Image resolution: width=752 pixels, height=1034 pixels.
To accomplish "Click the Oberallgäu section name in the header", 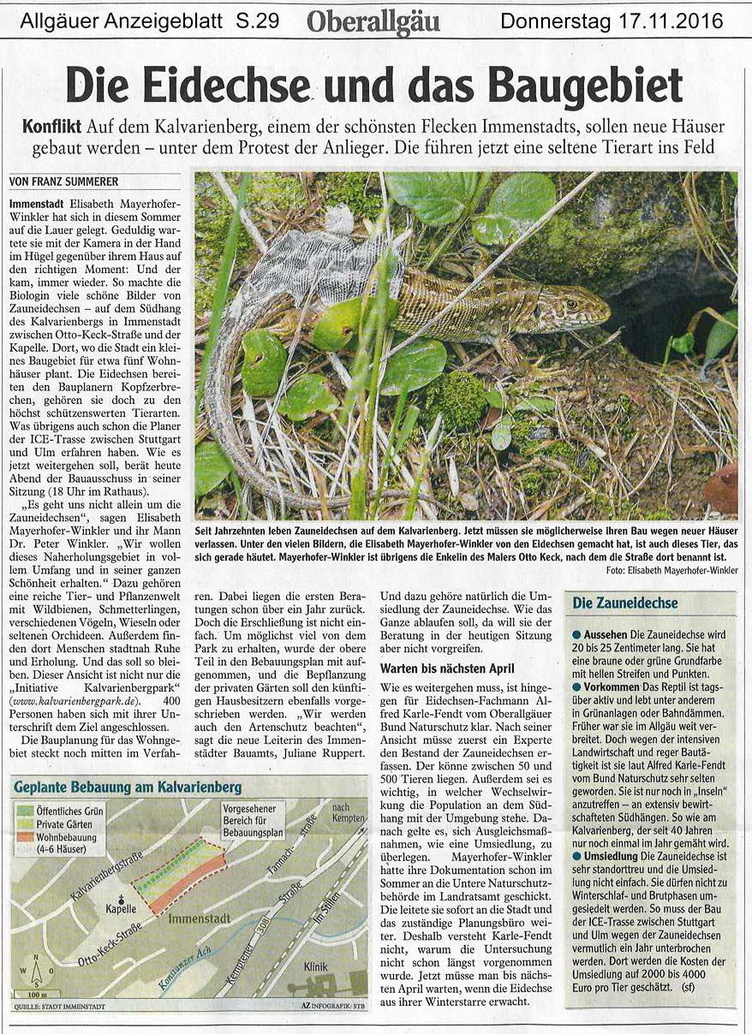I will pos(373,21).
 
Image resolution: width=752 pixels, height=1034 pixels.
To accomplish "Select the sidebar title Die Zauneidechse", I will pos(625,603).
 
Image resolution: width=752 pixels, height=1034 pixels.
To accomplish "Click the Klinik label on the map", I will pos(315,966).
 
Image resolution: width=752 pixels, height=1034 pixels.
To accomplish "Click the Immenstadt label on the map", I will pos(200,918).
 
